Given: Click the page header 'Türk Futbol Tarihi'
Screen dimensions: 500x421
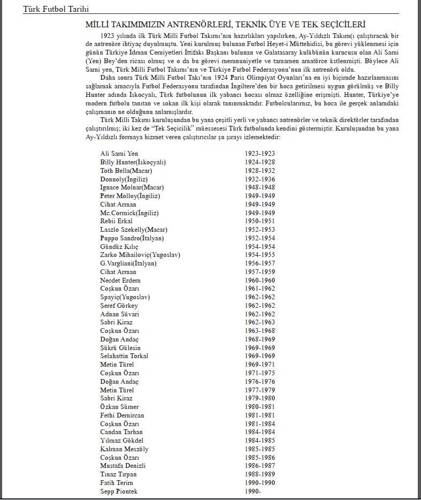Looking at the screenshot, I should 56,9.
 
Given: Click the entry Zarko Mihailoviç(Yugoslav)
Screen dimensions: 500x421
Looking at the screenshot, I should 140,255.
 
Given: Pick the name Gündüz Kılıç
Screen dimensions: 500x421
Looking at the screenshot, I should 119,246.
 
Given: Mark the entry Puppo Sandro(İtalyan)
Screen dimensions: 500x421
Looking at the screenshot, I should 132,238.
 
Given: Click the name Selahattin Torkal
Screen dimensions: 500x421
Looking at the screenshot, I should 124,356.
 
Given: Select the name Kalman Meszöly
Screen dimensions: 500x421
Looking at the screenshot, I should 124,449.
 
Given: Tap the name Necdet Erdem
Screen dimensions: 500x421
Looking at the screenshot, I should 120,280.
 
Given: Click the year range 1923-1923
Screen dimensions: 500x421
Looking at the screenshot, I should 260,153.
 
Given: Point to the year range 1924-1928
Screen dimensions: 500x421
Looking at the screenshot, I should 260,162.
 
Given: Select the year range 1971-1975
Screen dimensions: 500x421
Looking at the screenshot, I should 260,373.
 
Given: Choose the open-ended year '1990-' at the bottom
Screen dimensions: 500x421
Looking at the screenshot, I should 253,491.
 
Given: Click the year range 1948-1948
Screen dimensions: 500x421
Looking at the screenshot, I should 260,187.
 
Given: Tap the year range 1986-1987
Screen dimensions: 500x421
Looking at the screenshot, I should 260,466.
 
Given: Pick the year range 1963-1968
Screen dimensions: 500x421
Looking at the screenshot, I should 260,331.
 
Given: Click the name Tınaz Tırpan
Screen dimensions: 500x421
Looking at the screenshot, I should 119,474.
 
